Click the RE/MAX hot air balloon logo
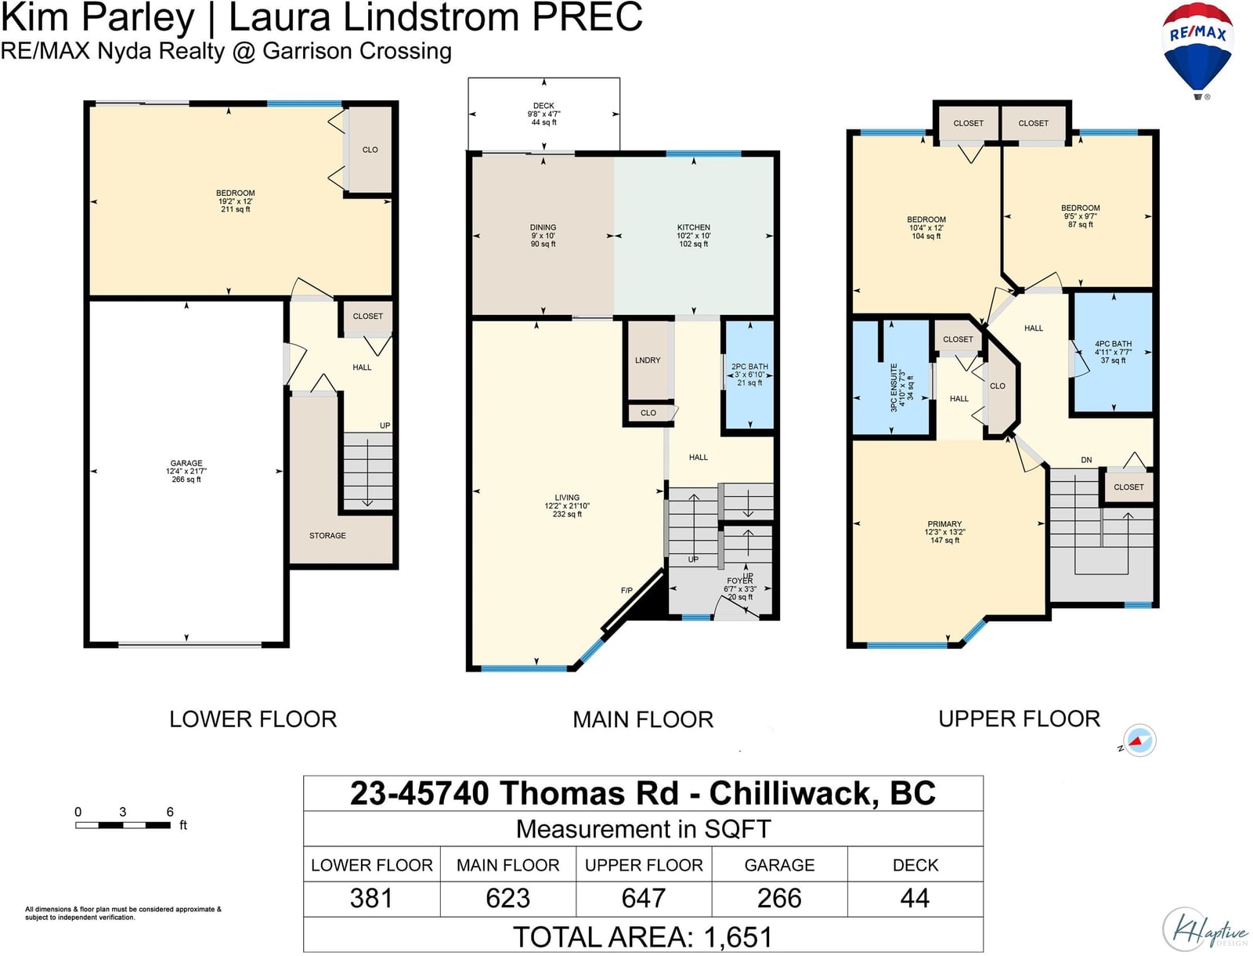(x=1198, y=50)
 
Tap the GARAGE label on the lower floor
(x=186, y=463)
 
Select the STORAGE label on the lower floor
(x=327, y=536)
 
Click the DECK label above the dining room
(x=543, y=106)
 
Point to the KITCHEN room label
(x=694, y=227)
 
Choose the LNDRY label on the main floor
(x=648, y=360)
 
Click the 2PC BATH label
(x=749, y=367)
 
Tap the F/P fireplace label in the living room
(x=626, y=591)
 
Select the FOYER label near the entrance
(x=740, y=581)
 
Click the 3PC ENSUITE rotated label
(x=894, y=387)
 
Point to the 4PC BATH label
(x=1113, y=344)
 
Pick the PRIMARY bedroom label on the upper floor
(x=944, y=523)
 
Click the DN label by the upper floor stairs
(x=1086, y=460)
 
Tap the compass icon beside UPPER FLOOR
(x=1139, y=741)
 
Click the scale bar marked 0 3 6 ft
(x=123, y=825)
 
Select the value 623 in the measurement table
(x=507, y=898)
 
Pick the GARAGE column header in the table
(x=779, y=865)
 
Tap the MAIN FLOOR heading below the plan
(x=643, y=719)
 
